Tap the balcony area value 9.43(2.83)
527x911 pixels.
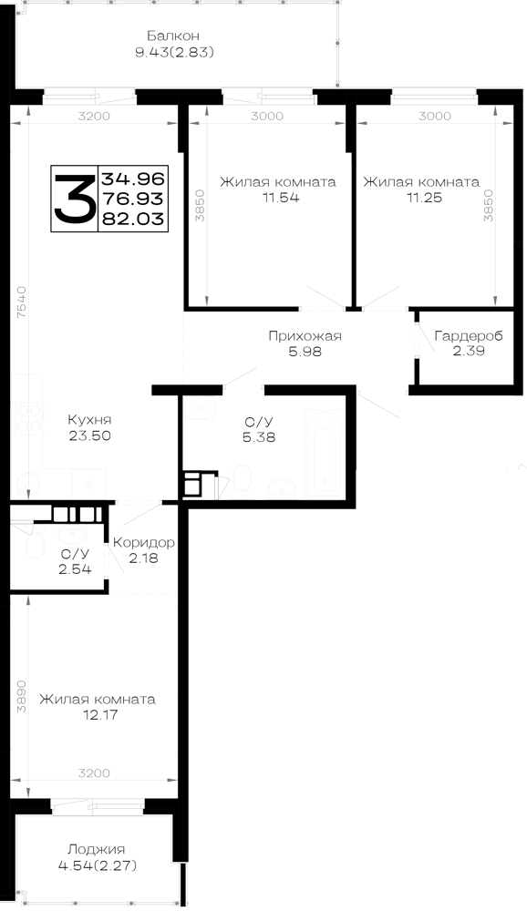coord(174,53)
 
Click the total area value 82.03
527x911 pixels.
coord(132,219)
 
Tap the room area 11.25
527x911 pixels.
coord(424,198)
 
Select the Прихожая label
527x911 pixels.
coord(305,336)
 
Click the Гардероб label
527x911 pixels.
coord(469,336)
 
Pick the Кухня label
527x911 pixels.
coord(89,419)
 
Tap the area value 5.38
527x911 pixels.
coord(259,436)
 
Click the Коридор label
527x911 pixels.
coord(143,543)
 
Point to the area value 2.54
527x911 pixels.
coord(75,568)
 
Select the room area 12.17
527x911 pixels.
coord(99,714)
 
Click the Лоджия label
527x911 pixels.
coord(97,849)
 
